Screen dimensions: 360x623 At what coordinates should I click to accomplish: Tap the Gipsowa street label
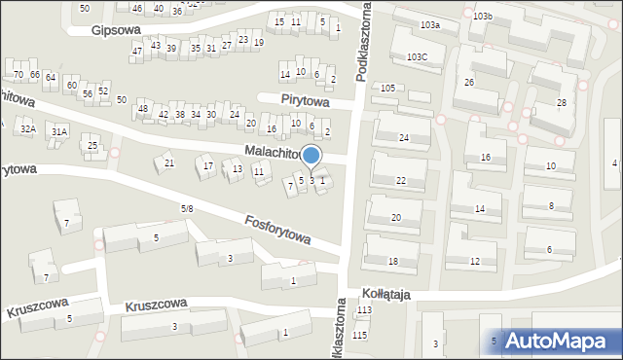point(110,30)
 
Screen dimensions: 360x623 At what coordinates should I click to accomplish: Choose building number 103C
point(418,57)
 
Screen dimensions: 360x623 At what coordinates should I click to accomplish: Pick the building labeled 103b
point(483,17)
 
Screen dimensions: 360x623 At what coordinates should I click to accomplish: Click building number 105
point(387,89)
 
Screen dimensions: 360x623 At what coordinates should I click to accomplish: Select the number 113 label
point(364,310)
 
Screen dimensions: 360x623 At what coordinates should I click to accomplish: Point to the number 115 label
point(360,335)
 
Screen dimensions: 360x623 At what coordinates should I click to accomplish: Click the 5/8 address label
point(187,208)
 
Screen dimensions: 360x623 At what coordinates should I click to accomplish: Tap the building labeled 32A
point(28,129)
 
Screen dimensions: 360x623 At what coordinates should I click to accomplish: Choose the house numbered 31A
point(59,131)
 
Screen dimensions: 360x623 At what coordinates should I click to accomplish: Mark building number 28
point(562,103)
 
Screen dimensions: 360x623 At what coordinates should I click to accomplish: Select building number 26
point(468,83)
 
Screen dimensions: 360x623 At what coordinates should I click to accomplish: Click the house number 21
point(168,162)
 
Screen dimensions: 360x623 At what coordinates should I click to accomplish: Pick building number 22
point(401,181)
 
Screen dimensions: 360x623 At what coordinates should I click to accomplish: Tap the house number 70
point(18,74)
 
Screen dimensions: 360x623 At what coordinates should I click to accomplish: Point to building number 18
point(392,262)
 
